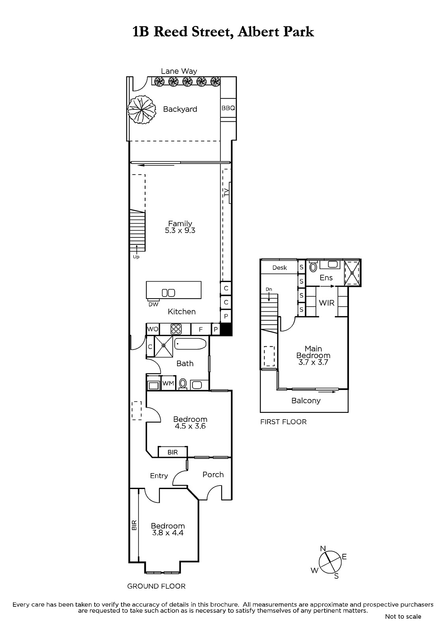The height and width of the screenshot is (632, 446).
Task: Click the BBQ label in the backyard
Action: coord(228,108)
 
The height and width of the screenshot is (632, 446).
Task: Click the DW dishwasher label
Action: coord(153,305)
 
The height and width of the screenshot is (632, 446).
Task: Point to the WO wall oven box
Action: coord(153,329)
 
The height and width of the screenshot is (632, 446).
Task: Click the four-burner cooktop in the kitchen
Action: coord(176,329)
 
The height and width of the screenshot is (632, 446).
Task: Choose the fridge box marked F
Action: coord(201,329)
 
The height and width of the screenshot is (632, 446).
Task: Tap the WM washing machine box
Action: coord(168,383)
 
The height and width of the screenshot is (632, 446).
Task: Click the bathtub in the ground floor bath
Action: coord(190,344)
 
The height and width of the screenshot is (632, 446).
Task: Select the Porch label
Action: coord(213,474)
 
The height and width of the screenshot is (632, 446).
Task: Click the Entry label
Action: coord(159,476)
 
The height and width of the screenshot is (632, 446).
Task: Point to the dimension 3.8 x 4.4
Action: coord(168,533)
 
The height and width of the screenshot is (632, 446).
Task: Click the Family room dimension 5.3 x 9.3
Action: coord(180,231)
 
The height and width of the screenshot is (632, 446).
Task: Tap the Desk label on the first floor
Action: coord(280,267)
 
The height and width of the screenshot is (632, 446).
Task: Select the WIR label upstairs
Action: coord(327,303)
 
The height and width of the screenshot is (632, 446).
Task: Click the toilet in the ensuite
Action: coord(313,266)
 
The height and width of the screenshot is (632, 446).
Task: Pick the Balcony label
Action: coord(306,401)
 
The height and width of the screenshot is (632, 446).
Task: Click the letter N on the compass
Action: coord(323,549)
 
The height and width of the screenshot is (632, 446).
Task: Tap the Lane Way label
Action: coord(179,71)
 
